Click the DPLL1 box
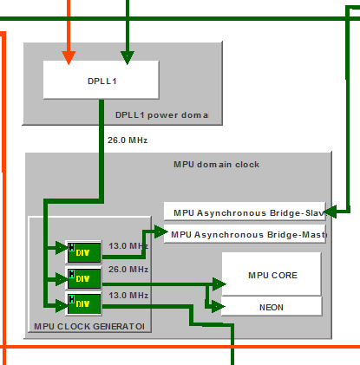click(100, 81)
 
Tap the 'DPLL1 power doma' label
click(162, 114)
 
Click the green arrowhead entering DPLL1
click(128, 58)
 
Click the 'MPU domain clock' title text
click(217, 164)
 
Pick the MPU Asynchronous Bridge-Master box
click(245, 234)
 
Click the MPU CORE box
click(272, 275)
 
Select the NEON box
click(272, 306)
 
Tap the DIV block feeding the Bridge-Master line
click(84, 252)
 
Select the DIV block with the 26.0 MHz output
click(84, 278)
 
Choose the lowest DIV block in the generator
click(84, 303)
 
